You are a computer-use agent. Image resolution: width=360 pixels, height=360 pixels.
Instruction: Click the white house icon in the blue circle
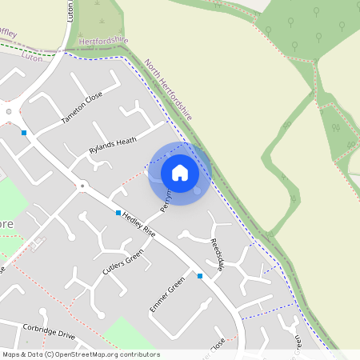tap(180, 173)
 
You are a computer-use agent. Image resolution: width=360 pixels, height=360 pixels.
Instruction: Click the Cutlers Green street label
tap(123, 262)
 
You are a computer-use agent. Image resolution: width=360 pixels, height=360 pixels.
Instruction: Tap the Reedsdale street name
tap(214, 254)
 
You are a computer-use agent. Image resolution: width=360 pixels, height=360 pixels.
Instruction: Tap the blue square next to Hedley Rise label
tap(118, 213)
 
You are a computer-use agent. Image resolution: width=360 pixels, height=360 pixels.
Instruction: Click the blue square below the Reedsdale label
tap(200, 276)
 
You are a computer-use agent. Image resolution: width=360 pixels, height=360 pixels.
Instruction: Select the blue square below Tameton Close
tap(24, 132)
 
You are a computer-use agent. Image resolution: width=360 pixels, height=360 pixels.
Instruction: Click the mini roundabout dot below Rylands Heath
tap(82, 186)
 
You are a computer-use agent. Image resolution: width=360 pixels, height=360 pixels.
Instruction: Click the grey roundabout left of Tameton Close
tap(9, 112)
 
